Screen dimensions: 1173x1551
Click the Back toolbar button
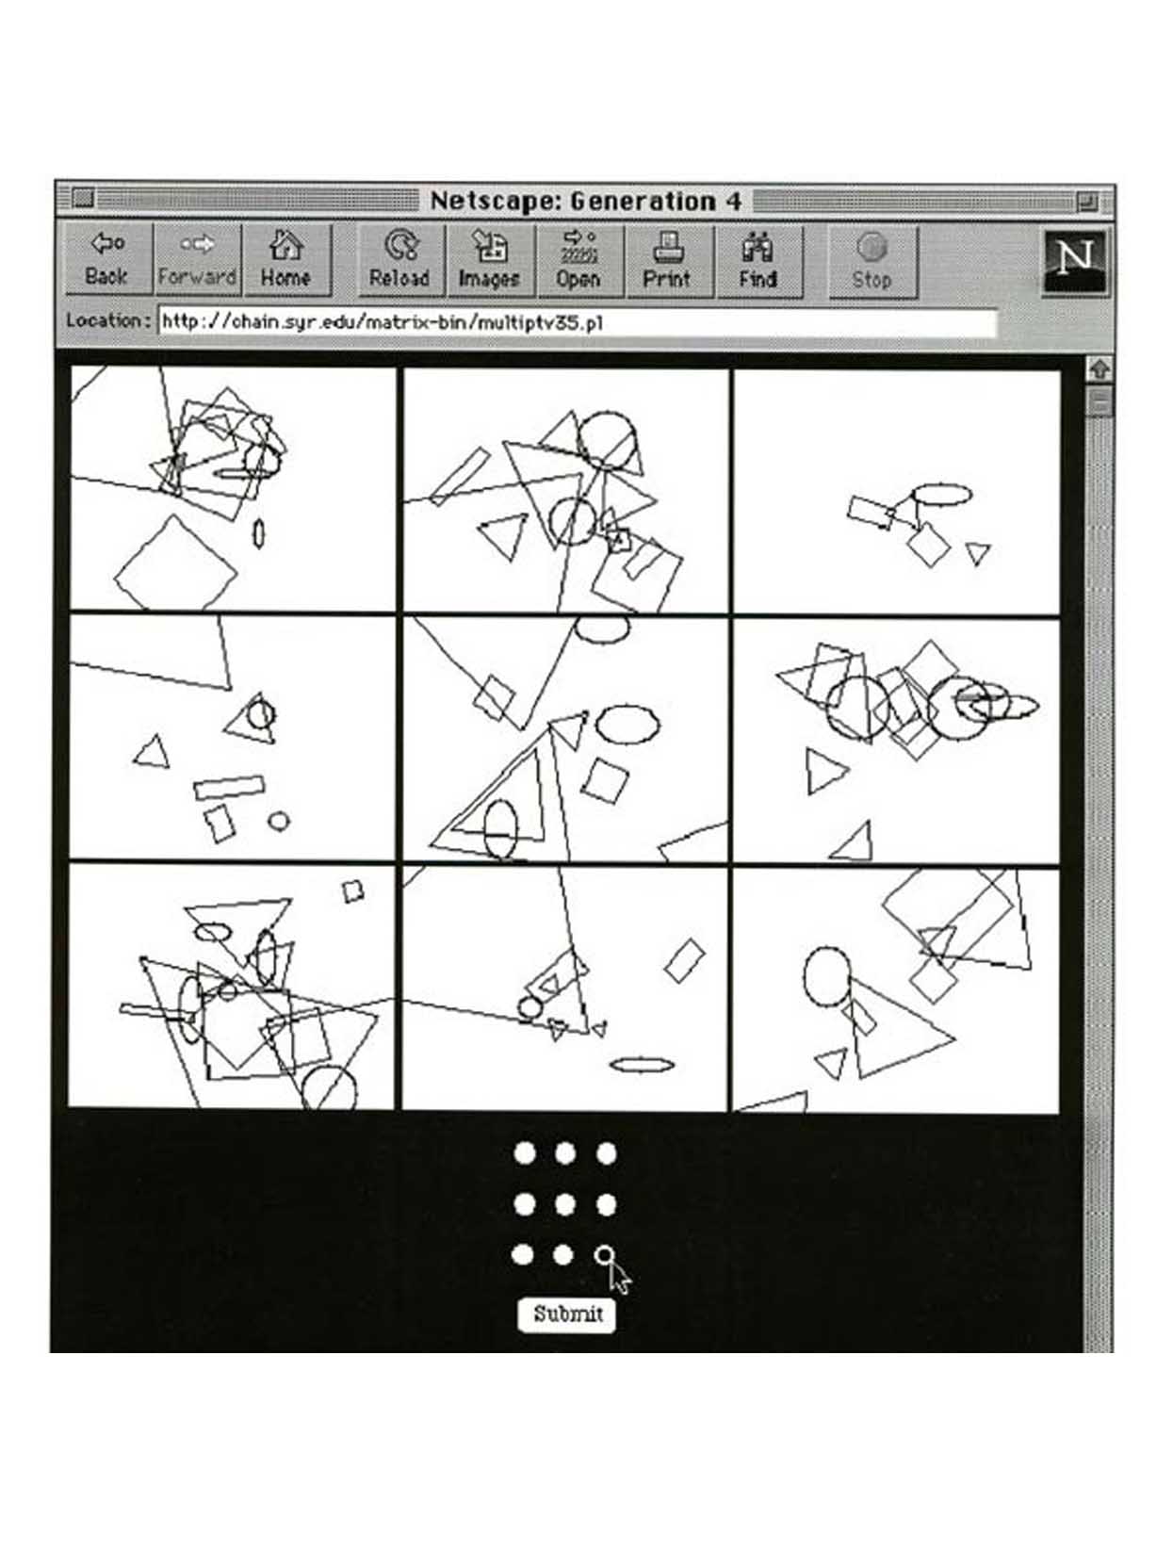[108, 259]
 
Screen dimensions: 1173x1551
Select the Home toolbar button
[286, 259]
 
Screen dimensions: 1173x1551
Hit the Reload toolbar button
[400, 261]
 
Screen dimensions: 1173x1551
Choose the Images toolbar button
[489, 261]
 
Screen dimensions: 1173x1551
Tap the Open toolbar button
[578, 261]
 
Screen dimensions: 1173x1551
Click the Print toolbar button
[667, 261]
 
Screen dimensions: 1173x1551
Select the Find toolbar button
[758, 261]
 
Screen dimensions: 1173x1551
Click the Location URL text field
[578, 323]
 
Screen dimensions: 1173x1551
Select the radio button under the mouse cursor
[604, 1255]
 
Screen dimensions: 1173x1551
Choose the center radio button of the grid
[564, 1204]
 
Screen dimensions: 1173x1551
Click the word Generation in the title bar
[644, 202]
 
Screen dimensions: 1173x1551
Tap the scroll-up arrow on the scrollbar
[1100, 369]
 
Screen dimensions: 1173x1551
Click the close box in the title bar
[83, 198]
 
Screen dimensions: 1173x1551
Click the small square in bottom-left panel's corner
[353, 891]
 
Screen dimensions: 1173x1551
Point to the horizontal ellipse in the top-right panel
[941, 494]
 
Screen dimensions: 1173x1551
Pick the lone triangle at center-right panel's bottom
[853, 842]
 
